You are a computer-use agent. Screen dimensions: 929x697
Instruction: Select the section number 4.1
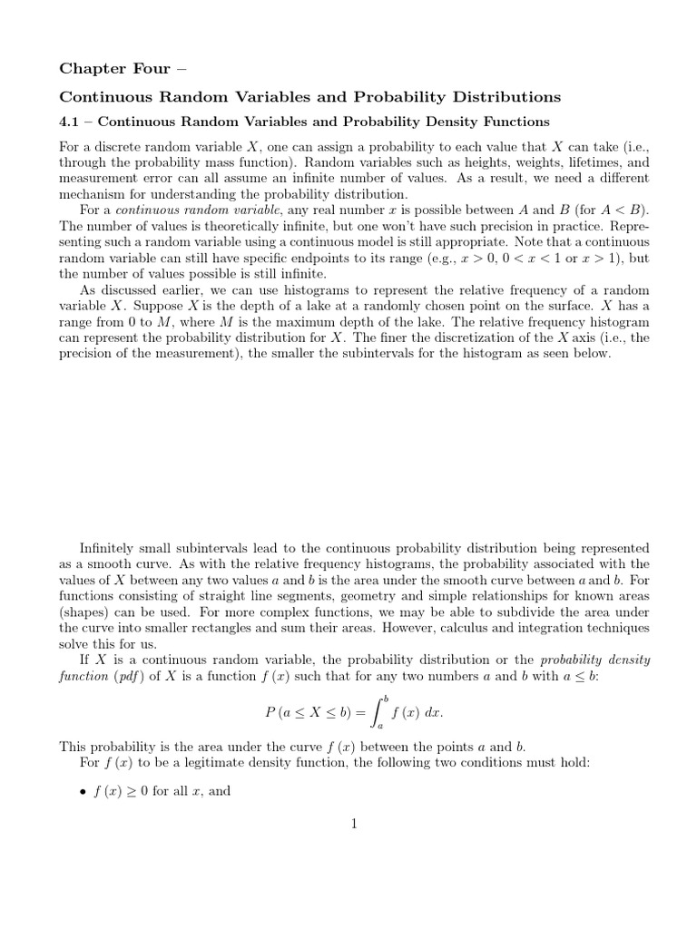(70, 122)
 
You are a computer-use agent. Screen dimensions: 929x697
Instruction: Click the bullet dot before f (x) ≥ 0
(83, 791)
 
